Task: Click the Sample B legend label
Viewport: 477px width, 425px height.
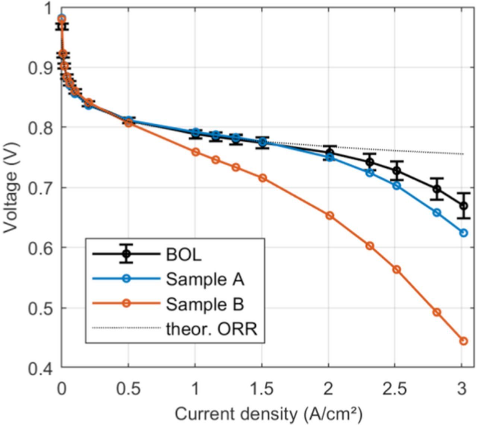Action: tap(205, 304)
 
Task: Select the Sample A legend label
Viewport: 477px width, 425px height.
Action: tap(205, 279)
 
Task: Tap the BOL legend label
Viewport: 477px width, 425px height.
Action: tap(183, 254)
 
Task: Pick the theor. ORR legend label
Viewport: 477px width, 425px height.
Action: tap(211, 329)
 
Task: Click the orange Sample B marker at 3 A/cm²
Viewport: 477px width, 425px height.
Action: tap(463, 341)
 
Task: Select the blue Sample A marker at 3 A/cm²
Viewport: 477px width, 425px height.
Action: tap(463, 233)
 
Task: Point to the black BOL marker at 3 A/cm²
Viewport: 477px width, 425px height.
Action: tap(463, 206)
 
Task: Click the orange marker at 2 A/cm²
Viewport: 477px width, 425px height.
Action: tap(329, 216)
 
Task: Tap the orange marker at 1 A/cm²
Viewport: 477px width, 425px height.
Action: tap(196, 152)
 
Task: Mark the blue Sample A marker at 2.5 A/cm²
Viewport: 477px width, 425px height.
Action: tap(397, 185)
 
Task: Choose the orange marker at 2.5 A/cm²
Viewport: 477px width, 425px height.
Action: tap(397, 269)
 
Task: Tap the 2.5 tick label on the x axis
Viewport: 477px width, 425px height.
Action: tap(395, 389)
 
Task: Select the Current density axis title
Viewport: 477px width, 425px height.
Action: tap(268, 413)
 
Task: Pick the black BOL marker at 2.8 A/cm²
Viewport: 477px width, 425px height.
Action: tap(437, 189)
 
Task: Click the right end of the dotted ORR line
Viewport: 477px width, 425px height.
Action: tap(463, 154)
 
